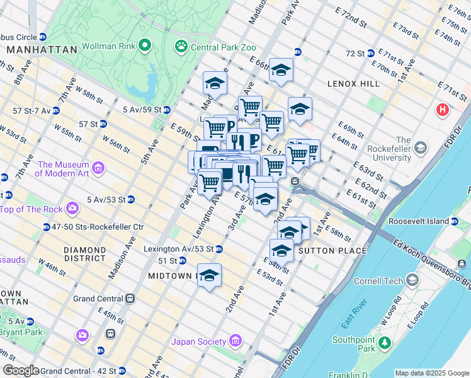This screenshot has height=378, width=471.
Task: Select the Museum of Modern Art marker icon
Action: [98, 168]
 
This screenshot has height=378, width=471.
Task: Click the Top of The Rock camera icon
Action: [72, 207]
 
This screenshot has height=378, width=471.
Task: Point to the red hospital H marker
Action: [443, 110]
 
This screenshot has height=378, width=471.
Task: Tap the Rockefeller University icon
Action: [421, 149]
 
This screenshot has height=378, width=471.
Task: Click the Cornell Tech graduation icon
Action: [412, 279]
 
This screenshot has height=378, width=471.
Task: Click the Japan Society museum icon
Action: [235, 341]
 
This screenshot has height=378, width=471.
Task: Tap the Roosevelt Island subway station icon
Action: [454, 221]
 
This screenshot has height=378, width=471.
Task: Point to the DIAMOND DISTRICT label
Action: [84, 254]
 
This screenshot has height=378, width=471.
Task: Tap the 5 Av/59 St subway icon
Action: [166, 110]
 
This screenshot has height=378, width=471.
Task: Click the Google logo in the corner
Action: [20, 370]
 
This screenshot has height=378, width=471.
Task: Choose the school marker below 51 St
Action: [210, 276]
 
